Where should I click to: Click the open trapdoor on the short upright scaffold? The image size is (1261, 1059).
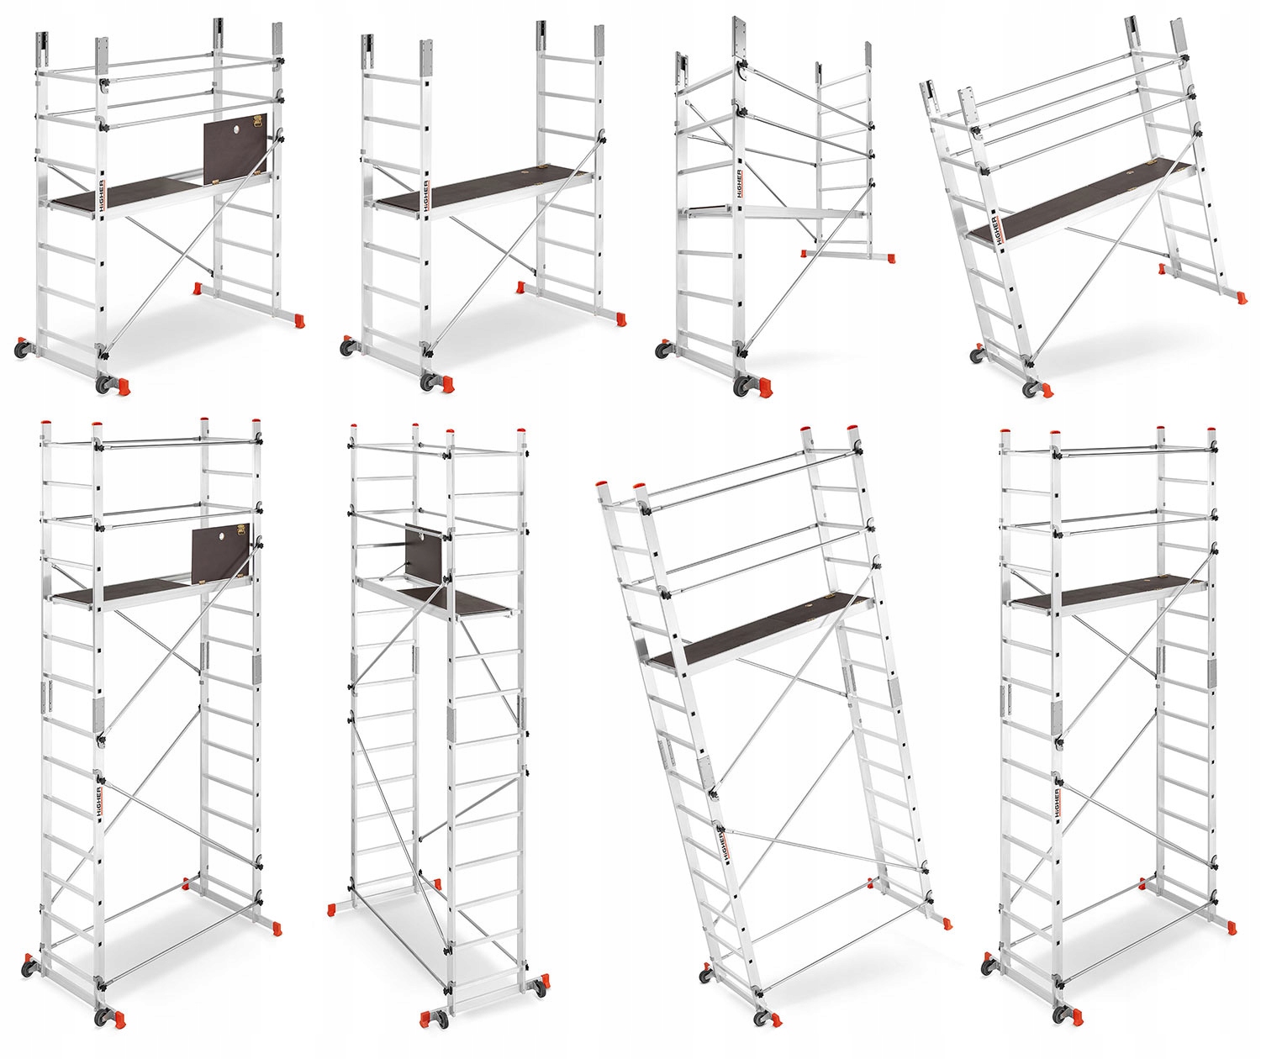[x=235, y=148]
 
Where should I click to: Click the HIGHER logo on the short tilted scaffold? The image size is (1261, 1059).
[x=995, y=230]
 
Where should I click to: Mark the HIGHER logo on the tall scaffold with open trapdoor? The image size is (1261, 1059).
[x=99, y=799]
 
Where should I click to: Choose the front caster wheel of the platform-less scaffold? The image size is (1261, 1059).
[x=743, y=386]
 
